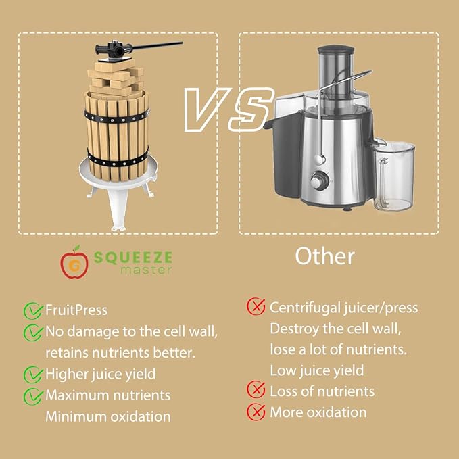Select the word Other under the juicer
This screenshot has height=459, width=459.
[x=324, y=256]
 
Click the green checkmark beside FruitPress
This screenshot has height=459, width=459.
[x=32, y=311]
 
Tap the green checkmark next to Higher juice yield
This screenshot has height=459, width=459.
[x=32, y=374]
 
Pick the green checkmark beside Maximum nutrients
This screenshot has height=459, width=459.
[x=32, y=395]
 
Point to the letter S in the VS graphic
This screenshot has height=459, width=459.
[x=249, y=108]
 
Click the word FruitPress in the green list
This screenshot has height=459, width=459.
[x=76, y=311]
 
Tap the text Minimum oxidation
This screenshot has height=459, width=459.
[x=107, y=416]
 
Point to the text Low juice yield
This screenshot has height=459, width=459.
[x=316, y=370]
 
